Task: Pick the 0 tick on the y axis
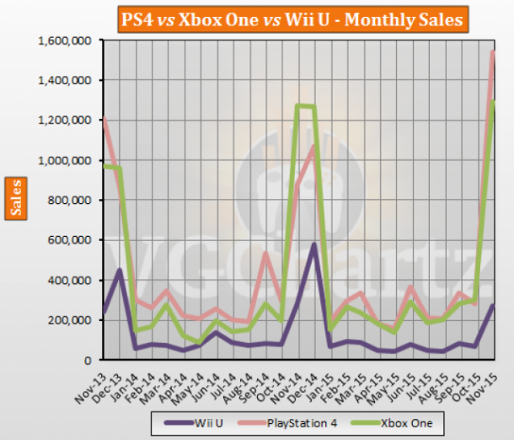pyautogui.click(x=92, y=360)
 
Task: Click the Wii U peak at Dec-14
pyautogui.click(x=313, y=244)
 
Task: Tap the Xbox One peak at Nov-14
pyautogui.click(x=297, y=105)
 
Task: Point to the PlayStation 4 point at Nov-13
pyautogui.click(x=103, y=119)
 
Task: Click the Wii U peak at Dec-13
pyautogui.click(x=120, y=270)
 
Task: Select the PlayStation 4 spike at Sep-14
pyautogui.click(x=265, y=253)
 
